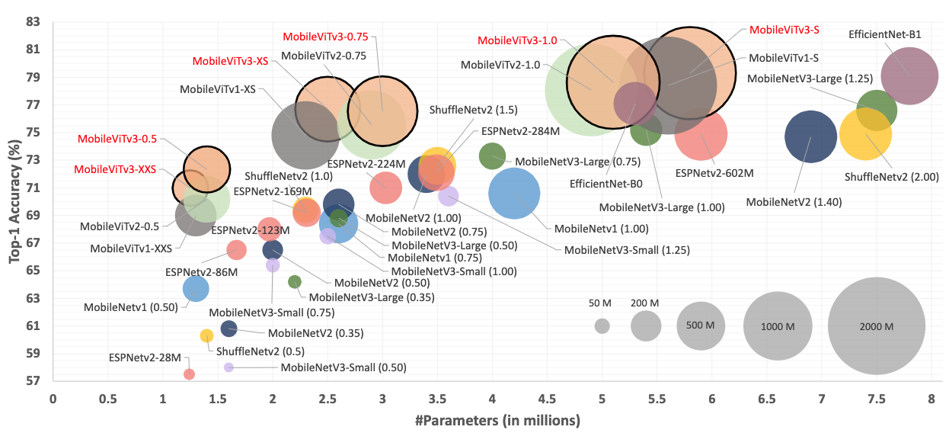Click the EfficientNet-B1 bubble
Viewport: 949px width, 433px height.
909,75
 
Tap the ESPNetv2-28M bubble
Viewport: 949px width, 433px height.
189,374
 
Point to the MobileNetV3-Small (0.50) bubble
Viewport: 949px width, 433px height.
228,367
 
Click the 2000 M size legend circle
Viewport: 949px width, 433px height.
876,326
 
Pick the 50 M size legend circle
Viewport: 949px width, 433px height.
602,326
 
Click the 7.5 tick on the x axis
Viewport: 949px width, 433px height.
876,398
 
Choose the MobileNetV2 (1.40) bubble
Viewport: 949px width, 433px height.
810,136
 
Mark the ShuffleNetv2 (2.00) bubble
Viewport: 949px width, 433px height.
865,134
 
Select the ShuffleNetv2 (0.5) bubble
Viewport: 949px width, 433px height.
206,335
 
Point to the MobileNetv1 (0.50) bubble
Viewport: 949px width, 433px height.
196,288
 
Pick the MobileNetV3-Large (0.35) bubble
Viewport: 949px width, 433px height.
295,282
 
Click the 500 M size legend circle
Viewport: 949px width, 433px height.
700,326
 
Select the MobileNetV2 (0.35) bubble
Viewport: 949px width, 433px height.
228,329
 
